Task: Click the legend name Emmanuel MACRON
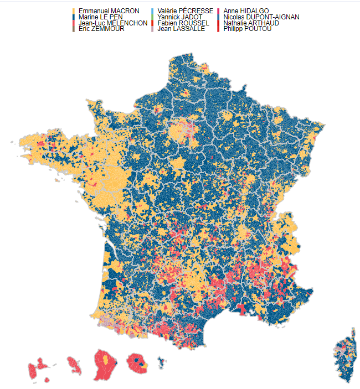coord(109,11)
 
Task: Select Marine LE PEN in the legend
coord(101,17)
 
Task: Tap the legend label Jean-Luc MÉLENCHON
coord(113,23)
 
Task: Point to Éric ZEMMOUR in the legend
coord(101,29)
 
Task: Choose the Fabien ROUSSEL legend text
coord(183,23)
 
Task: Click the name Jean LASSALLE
coord(181,29)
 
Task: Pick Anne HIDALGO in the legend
coord(246,11)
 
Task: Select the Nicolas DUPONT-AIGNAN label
coord(261,17)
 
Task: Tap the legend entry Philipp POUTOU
coord(247,29)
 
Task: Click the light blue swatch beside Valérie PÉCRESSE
coord(153,11)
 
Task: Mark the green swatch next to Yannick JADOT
coord(153,17)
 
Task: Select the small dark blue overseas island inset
coord(161,363)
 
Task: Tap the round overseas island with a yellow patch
coord(137,364)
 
